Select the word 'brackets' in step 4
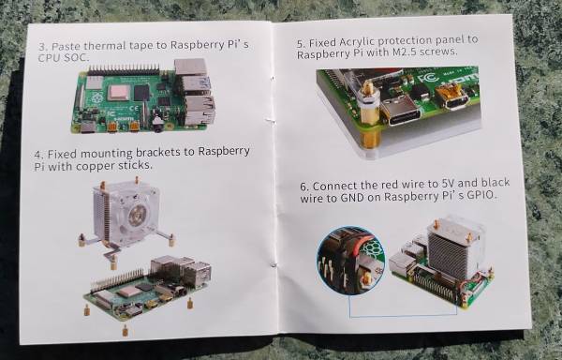(158, 153)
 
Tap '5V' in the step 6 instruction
(447, 184)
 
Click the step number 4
(39, 155)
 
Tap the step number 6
(303, 187)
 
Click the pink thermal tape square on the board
(120, 93)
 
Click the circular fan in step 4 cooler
(136, 214)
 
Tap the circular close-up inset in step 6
(350, 261)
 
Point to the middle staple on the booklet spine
(273, 121)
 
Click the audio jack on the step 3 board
(157, 124)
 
